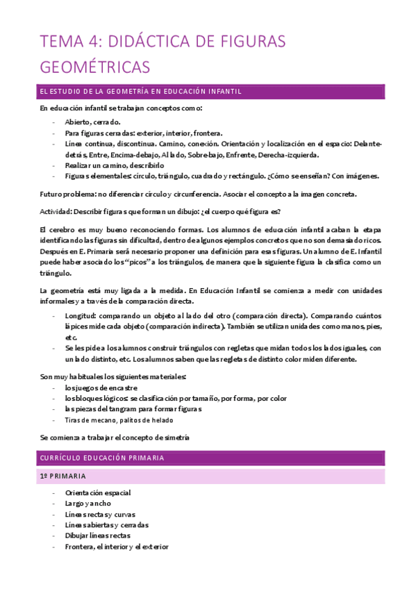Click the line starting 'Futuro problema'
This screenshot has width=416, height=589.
coord(198,194)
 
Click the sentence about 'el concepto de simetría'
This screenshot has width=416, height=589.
coord(115,438)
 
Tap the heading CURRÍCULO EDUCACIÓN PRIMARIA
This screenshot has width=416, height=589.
coord(112,458)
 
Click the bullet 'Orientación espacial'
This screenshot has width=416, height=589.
coord(98,492)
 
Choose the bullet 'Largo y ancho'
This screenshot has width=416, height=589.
coord(88,503)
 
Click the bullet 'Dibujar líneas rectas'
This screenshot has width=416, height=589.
coord(97,536)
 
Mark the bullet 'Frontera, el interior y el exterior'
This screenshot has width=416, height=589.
coord(117,547)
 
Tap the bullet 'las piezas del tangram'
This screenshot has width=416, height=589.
coord(133,409)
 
